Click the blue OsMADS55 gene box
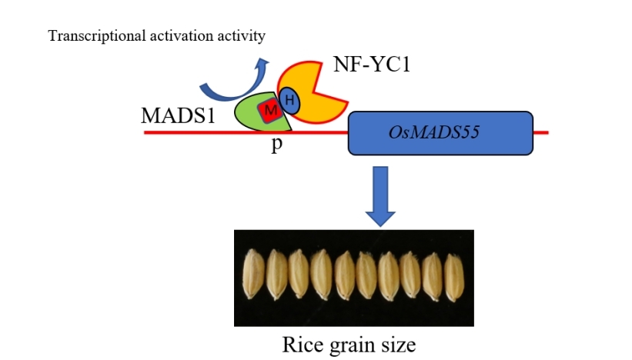click(441, 132)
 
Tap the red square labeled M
click(269, 112)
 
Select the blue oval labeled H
click(289, 98)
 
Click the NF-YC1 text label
click(372, 64)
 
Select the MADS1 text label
click(178, 116)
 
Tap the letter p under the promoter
click(276, 145)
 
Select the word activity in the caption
click(244, 36)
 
